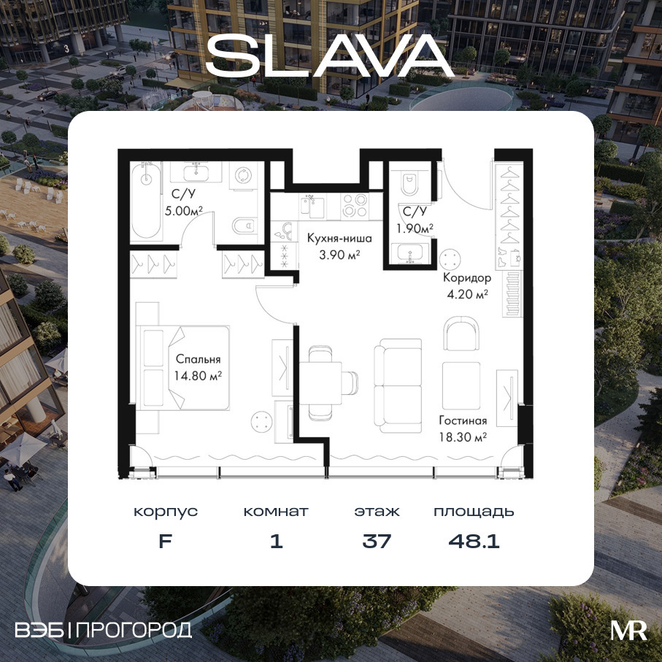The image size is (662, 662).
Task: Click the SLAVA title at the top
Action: click(330, 55)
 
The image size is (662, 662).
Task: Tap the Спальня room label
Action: click(198, 359)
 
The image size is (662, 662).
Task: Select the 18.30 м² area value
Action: click(463, 437)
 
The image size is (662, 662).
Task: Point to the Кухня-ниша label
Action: click(339, 238)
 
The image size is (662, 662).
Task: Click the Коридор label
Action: click(467, 278)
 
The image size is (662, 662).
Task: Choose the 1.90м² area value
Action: click(415, 228)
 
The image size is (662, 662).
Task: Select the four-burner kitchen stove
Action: click(354, 205)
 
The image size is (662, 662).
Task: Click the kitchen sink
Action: click(312, 206)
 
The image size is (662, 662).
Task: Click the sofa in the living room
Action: click(398, 385)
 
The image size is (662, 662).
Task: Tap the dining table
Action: click(320, 383)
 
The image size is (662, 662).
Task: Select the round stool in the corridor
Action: click(450, 258)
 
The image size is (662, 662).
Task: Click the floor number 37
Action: click(377, 540)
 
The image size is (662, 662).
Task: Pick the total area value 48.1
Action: click(474, 540)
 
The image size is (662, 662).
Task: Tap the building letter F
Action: click(165, 541)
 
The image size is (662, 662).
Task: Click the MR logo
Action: click(628, 631)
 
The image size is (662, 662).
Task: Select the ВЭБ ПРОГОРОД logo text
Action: click(103, 630)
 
